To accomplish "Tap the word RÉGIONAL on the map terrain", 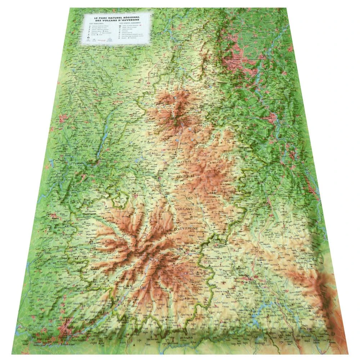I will (x=185, y=176).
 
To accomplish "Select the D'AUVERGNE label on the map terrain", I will (x=184, y=228).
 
